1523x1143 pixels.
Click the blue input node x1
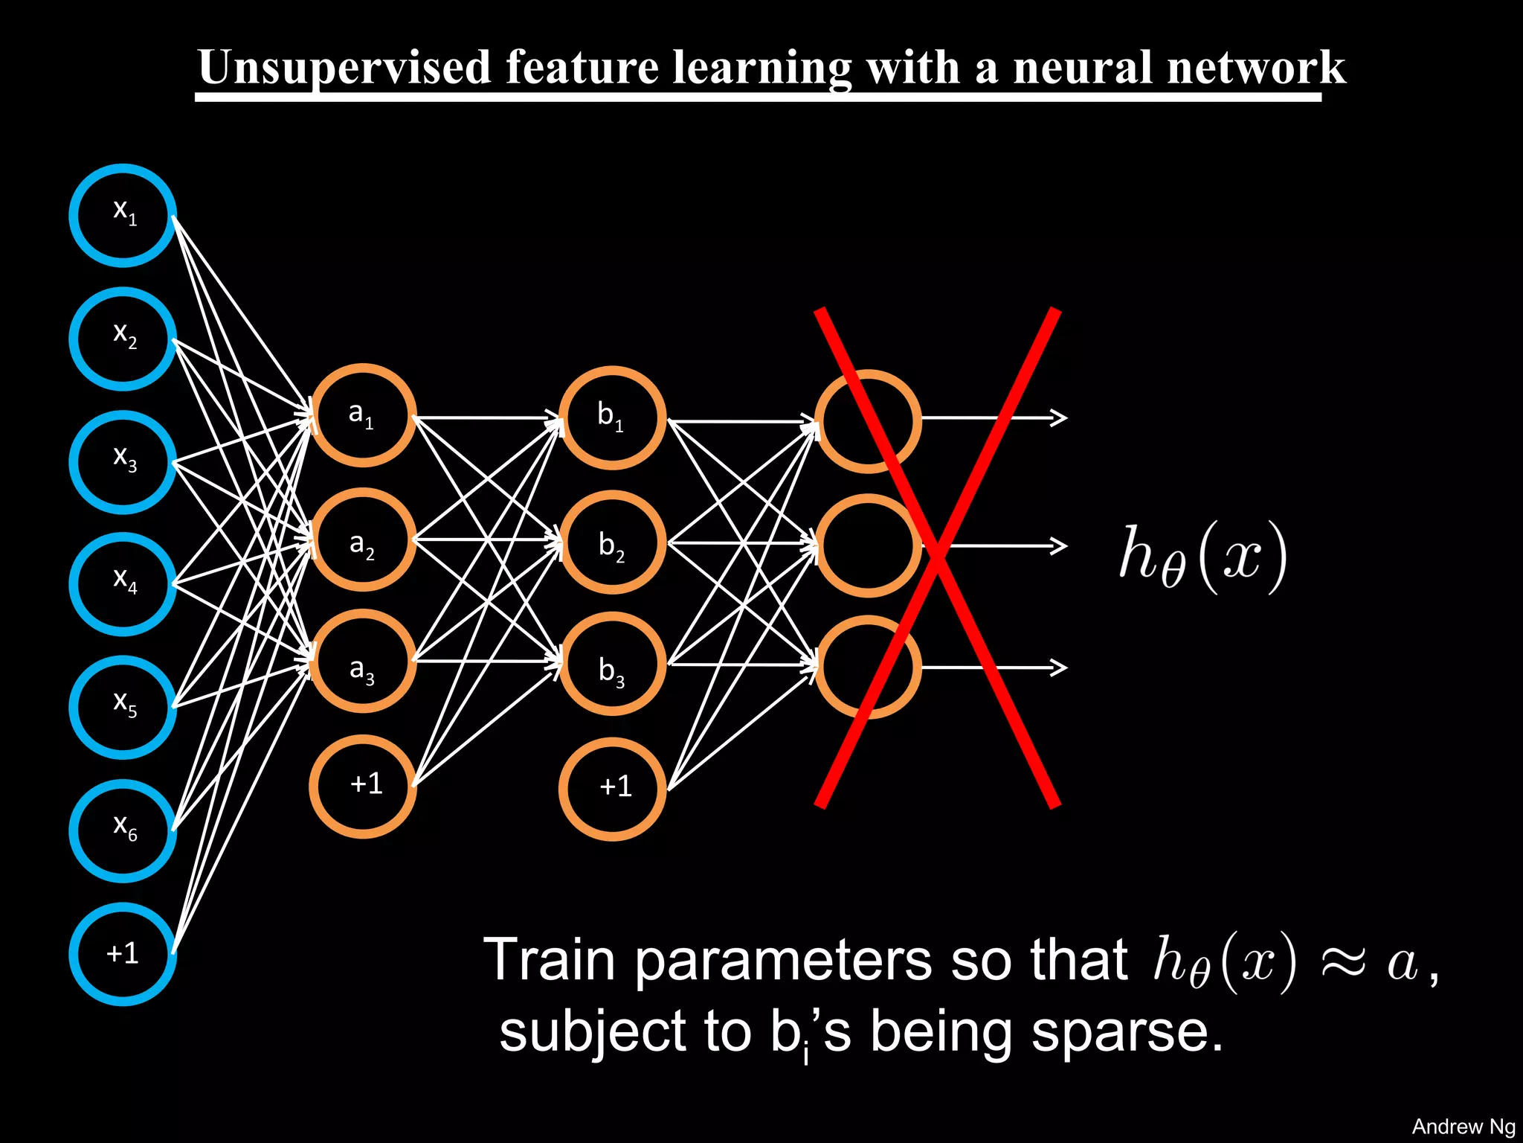tap(123, 215)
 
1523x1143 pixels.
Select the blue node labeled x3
tap(123, 462)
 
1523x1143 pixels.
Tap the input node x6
tap(123, 830)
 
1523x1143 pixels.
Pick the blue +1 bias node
tap(123, 954)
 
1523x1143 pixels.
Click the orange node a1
tap(362, 415)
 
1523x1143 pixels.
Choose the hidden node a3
tap(362, 661)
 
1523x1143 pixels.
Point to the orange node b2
tap(612, 542)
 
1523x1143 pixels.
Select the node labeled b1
tap(612, 417)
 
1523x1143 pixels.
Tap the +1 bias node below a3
tap(362, 786)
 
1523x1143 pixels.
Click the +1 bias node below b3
tap(612, 789)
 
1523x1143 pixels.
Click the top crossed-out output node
tap(868, 421)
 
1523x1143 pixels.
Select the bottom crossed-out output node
tap(868, 667)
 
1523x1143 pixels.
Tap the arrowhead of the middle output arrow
tap(1059, 546)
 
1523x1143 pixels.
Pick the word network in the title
tap(1256, 68)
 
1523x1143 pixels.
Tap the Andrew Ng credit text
tap(1462, 1127)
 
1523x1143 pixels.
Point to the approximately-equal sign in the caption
tap(1343, 961)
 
